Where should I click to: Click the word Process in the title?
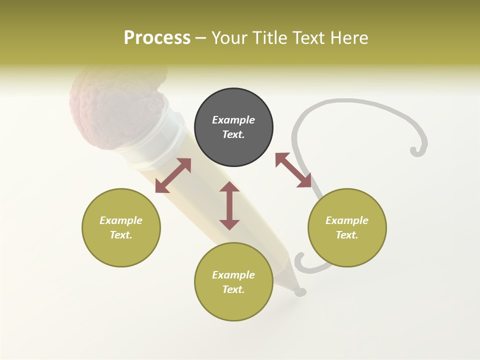click(157, 38)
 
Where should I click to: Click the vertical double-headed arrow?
click(229, 205)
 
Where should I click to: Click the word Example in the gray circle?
click(233, 120)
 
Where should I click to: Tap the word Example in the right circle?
click(347, 220)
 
